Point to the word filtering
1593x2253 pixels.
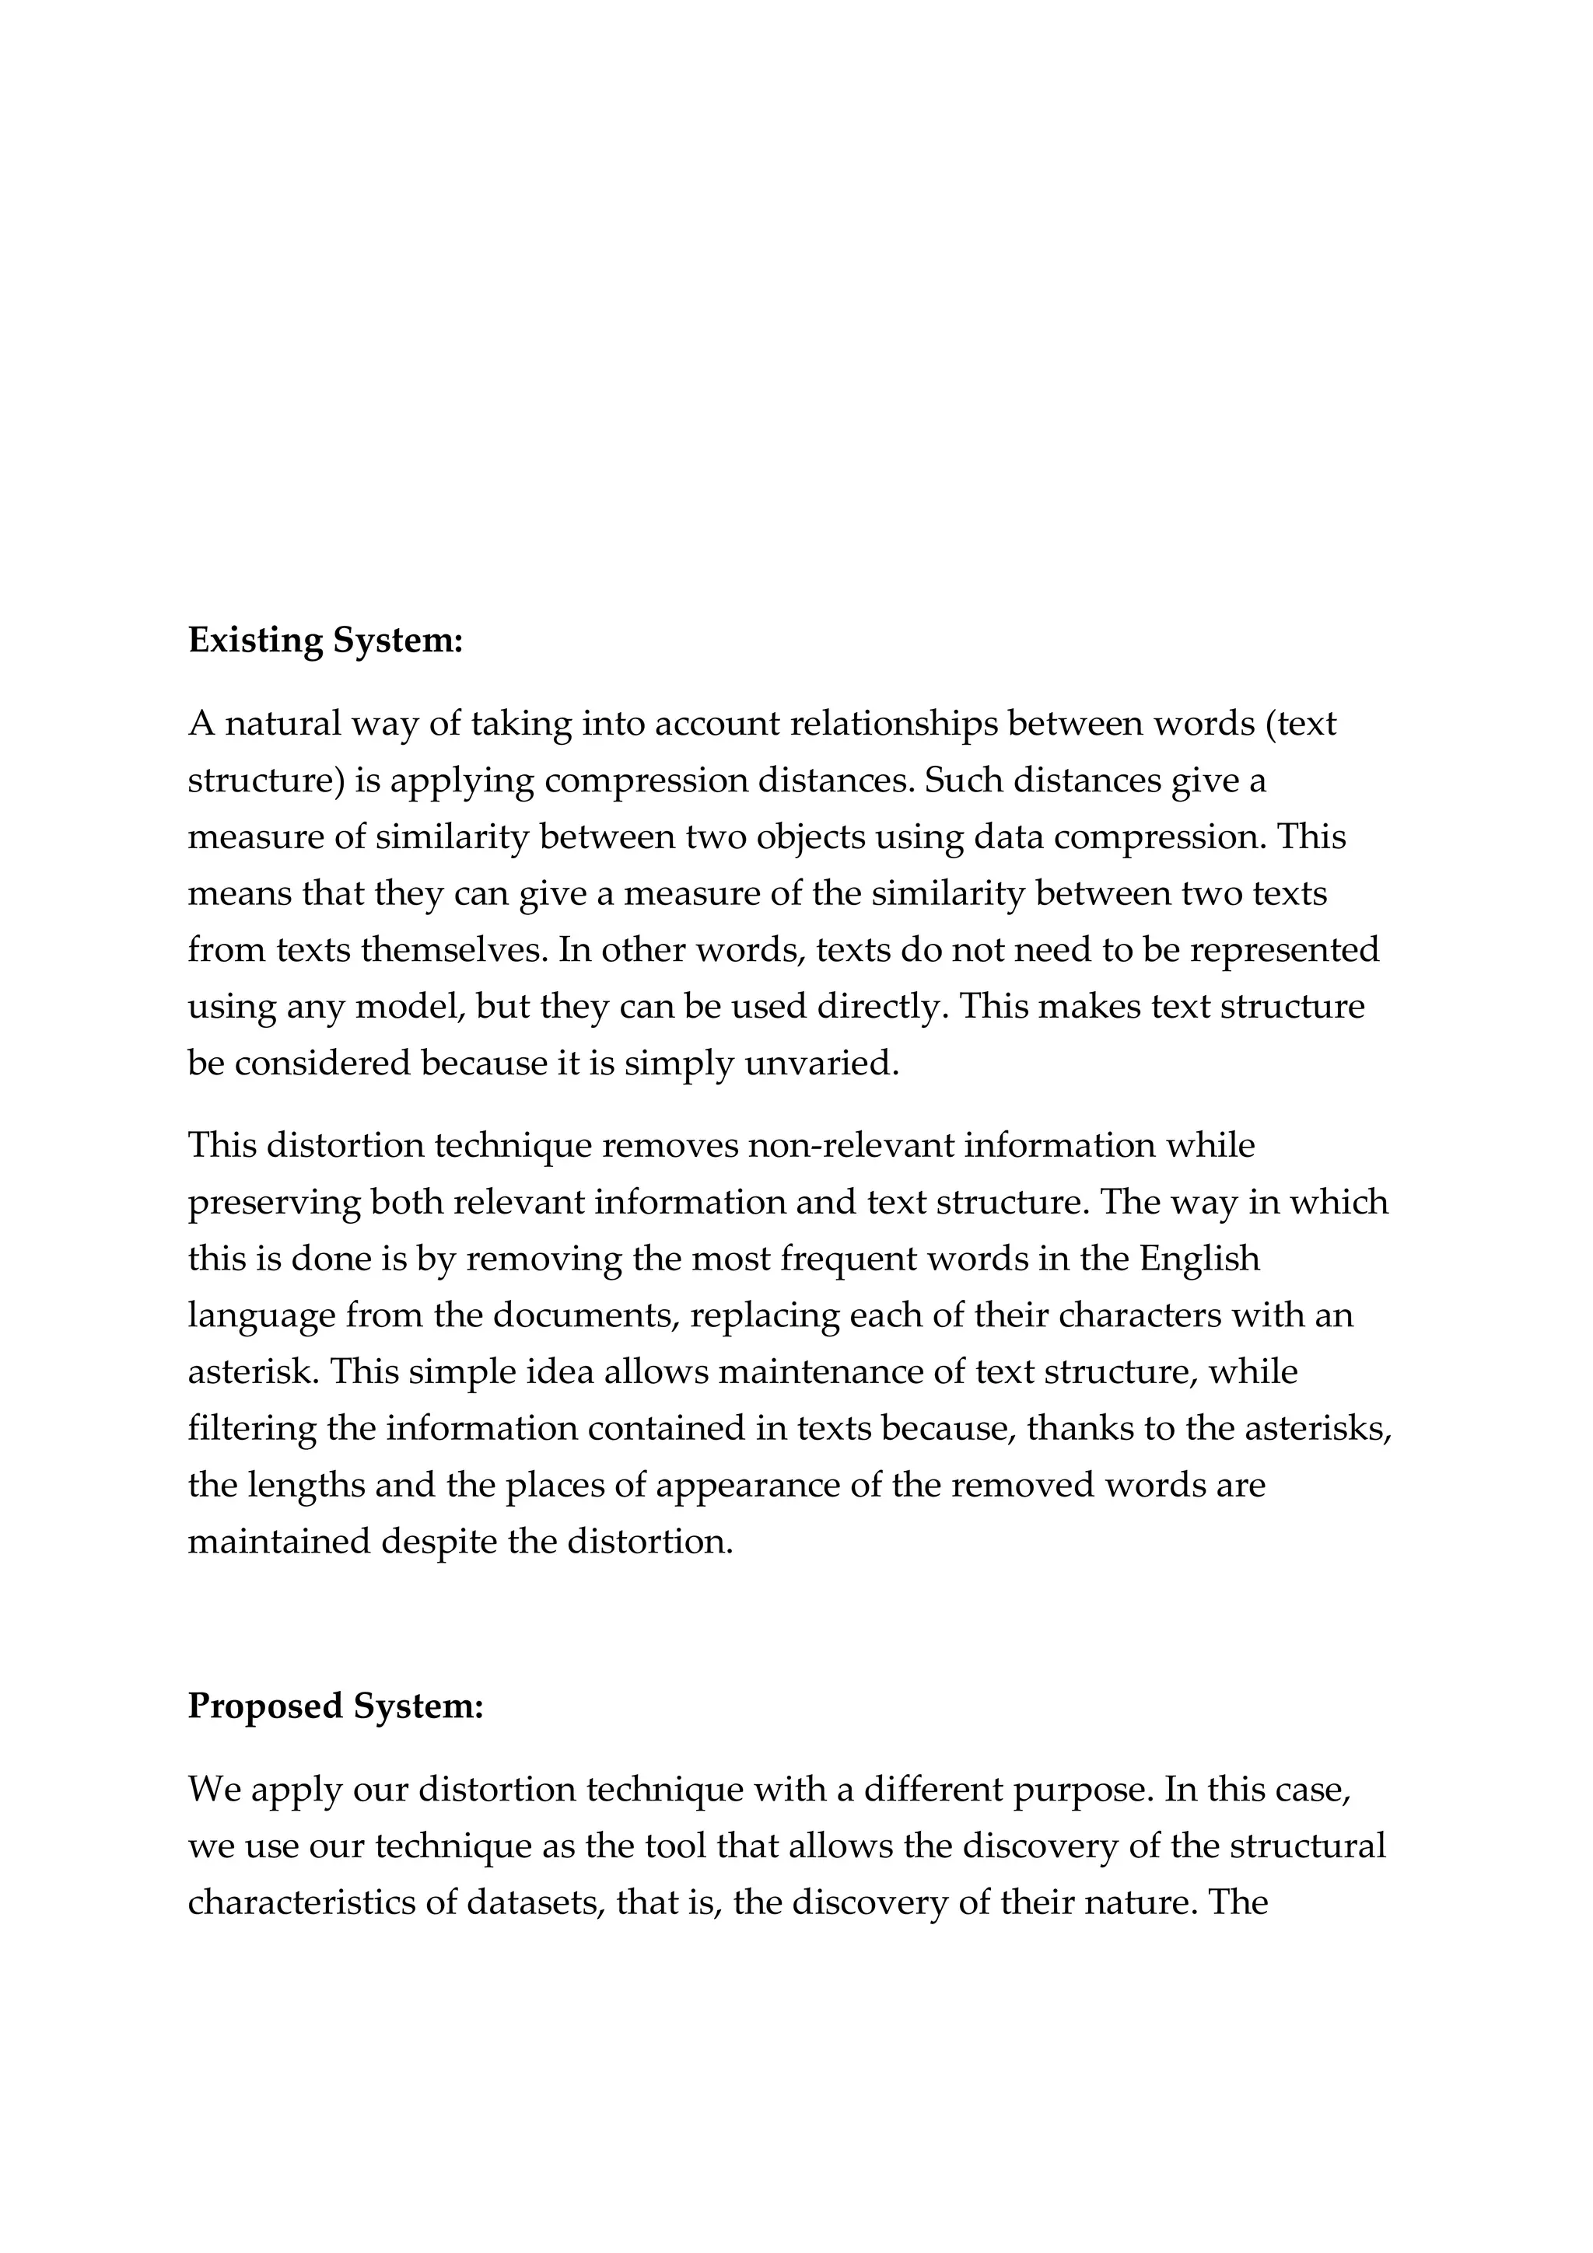click(251, 1429)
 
